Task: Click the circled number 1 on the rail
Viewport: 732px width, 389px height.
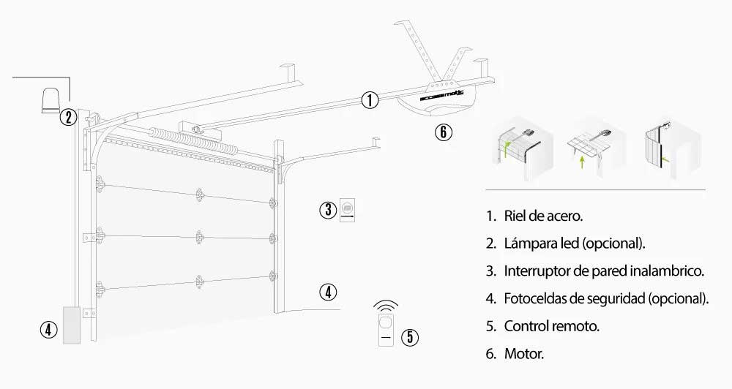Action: pyautogui.click(x=370, y=100)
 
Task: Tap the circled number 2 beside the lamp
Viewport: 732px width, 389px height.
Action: pyautogui.click(x=67, y=117)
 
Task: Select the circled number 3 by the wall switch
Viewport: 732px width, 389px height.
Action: pyautogui.click(x=327, y=210)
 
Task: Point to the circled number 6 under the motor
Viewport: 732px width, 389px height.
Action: pyautogui.click(x=443, y=132)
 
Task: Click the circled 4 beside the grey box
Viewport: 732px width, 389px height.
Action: pyautogui.click(x=48, y=330)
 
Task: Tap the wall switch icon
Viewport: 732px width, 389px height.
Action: pyautogui.click(x=347, y=210)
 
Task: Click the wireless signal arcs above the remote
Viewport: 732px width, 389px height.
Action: pyautogui.click(x=386, y=305)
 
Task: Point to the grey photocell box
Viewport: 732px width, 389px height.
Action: pyautogui.click(x=72, y=325)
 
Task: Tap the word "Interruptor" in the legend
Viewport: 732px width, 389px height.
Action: pyautogui.click(x=536, y=271)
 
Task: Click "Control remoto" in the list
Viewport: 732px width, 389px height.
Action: pyautogui.click(x=551, y=326)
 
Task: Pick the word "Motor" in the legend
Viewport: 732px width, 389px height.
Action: pyautogui.click(x=523, y=354)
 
